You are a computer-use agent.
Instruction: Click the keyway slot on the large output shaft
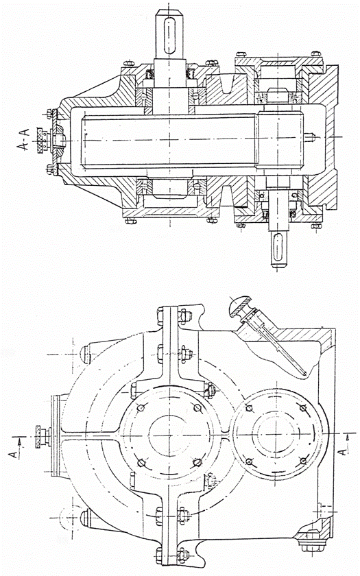coord(169,36)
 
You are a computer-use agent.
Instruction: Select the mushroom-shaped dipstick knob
coord(239,306)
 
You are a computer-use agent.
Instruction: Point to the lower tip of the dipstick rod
coord(305,374)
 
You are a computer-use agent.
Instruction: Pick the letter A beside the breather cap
coord(14,455)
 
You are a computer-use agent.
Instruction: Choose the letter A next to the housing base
coord(343,451)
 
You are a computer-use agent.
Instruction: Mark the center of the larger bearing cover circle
coord(169,435)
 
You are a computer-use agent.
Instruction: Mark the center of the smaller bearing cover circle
coord(278,435)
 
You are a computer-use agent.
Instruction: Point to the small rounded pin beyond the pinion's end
coord(311,137)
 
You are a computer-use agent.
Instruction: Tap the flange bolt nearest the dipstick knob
coord(184,315)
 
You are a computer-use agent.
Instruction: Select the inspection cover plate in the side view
coord(56,435)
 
